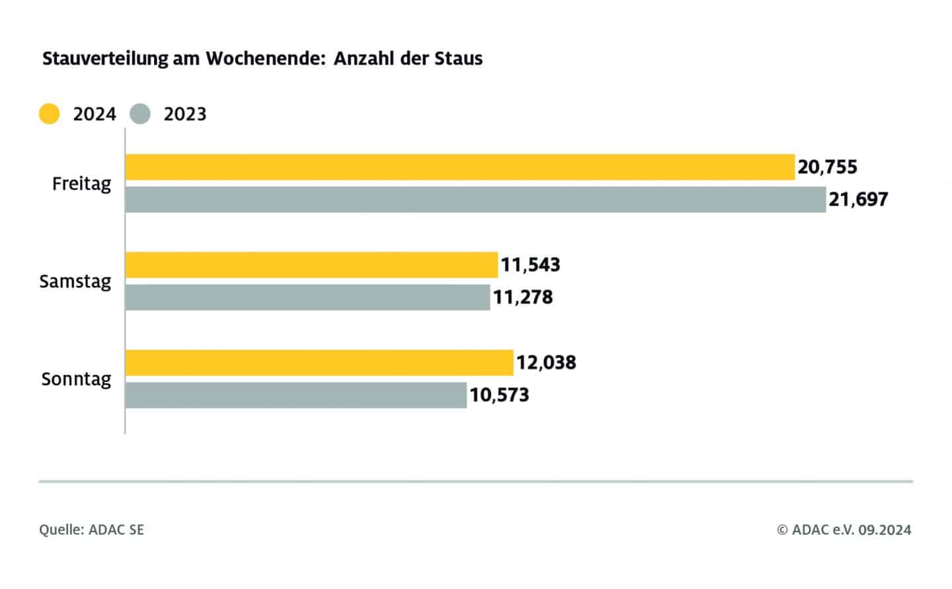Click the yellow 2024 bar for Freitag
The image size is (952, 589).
pos(459,167)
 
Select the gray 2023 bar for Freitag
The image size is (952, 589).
pos(475,199)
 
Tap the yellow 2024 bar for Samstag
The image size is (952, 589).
pos(311,265)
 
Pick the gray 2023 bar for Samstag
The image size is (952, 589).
pos(307,297)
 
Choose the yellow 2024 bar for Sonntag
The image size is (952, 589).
pos(319,363)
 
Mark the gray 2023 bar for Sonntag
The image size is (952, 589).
pos(296,395)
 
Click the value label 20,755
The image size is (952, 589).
pos(827,167)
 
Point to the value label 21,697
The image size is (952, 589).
pos(858,199)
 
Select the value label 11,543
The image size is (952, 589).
pos(530,265)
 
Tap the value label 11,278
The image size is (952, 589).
pos(522,297)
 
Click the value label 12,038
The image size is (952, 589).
pos(546,363)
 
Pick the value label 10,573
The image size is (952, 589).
pos(499,395)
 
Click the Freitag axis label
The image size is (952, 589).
pos(82,183)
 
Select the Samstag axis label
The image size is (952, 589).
pos(75,281)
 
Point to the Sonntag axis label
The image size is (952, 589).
pos(76,379)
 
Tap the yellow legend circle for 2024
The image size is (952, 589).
pos(50,114)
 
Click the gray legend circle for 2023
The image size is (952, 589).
pos(140,114)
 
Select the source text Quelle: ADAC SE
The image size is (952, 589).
pos(91,529)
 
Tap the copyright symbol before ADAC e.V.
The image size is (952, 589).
pos(783,529)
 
